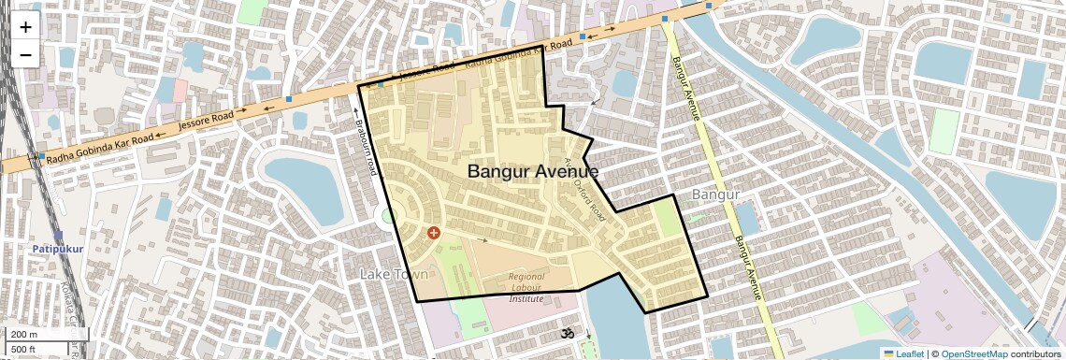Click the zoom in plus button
coord(25,26)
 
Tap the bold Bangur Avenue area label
coord(532,172)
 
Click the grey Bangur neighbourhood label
coord(715,194)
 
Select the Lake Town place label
coord(394,274)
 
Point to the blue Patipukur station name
coord(58,250)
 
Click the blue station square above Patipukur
coord(58,236)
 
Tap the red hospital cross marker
coord(433,232)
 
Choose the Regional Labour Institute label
coord(526,287)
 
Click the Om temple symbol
coord(565,333)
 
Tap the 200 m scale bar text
coord(25,335)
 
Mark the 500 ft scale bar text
coord(25,350)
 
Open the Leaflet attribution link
coord(903,353)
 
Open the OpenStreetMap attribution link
coord(973,353)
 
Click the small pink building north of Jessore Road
coord(179,91)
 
